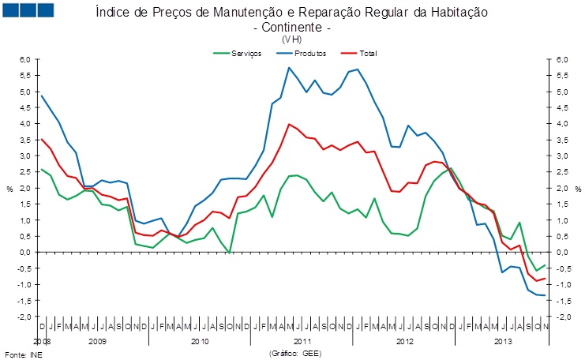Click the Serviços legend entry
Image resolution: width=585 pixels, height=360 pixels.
point(242,53)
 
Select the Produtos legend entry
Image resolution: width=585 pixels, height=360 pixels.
point(309,53)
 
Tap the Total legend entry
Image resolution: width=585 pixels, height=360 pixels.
point(367,53)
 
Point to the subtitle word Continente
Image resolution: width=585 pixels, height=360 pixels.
point(291,27)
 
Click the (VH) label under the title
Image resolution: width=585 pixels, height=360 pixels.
point(291,39)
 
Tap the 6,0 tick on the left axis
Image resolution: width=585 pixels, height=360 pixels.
point(24,60)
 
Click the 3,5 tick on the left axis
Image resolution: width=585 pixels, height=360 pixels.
point(24,140)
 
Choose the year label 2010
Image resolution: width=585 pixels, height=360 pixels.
point(199,341)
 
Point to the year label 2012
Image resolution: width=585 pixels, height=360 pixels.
point(403,341)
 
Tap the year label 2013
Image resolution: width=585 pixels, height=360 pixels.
point(502,341)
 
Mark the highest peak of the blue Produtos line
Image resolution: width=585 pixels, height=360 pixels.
point(288,67)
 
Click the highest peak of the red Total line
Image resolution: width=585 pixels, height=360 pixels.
point(289,124)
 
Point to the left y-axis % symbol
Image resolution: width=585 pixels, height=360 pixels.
point(9,189)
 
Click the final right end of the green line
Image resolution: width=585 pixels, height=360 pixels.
point(545,265)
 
